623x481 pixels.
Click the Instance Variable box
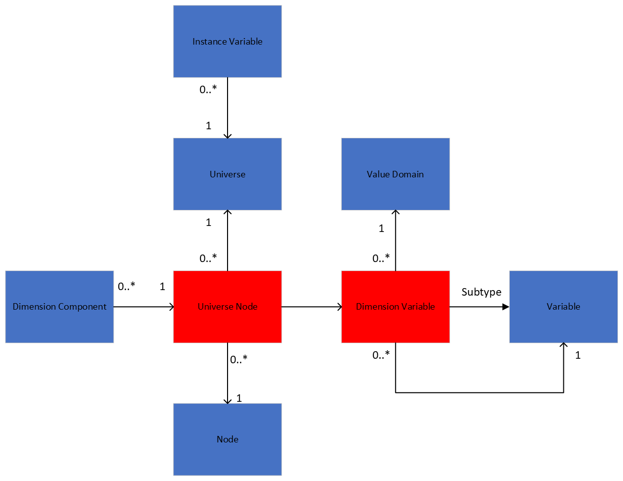(227, 42)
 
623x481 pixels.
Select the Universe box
(227, 174)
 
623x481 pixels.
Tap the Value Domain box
(395, 174)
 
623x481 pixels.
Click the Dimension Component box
(59, 307)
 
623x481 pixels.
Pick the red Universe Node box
(227, 307)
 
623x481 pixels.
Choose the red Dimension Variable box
(395, 307)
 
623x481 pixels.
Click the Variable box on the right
(563, 307)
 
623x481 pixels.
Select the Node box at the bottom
(227, 439)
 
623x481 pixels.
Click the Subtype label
(481, 292)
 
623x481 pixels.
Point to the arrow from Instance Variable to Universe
(228, 108)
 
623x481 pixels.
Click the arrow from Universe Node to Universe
(228, 241)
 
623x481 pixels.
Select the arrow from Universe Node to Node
(228, 373)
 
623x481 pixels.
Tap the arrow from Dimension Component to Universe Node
(143, 307)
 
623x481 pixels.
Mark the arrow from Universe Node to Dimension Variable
(311, 307)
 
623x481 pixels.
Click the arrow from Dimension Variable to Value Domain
(395, 241)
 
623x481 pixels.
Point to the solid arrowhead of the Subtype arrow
(505, 307)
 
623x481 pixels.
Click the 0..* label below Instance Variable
(208, 90)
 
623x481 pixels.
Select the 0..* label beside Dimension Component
(126, 287)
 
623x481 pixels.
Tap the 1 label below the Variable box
(578, 355)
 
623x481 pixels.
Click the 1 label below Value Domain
(381, 228)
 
